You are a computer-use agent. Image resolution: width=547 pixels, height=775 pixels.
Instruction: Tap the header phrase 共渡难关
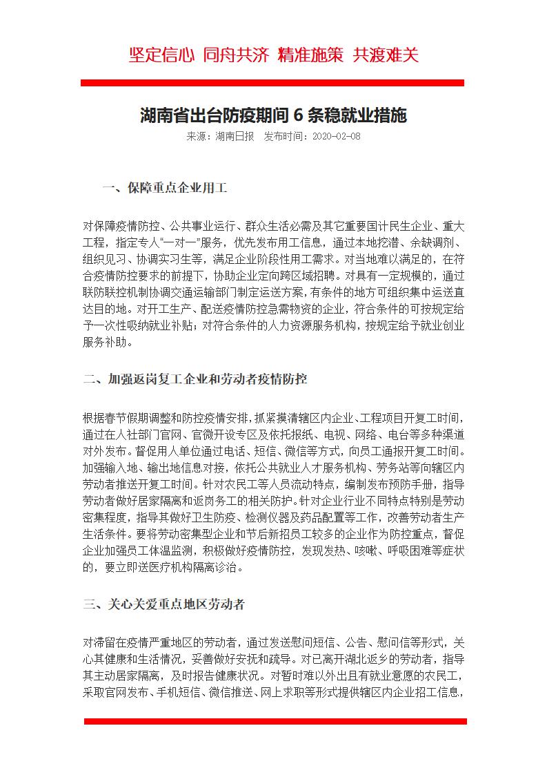(386, 55)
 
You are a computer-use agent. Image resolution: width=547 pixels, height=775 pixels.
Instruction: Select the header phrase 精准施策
(310, 55)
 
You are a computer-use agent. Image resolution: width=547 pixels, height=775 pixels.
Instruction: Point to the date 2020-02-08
(337, 136)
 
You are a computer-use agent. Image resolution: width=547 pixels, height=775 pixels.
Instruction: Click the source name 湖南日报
(235, 136)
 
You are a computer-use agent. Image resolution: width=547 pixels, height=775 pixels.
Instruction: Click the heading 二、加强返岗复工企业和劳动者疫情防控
(195, 379)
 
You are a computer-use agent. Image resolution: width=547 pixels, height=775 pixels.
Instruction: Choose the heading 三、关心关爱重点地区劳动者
(163, 604)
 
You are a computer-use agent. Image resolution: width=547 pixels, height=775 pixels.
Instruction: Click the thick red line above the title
(272, 83)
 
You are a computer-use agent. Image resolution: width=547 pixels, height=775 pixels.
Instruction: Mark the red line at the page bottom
(275, 721)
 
